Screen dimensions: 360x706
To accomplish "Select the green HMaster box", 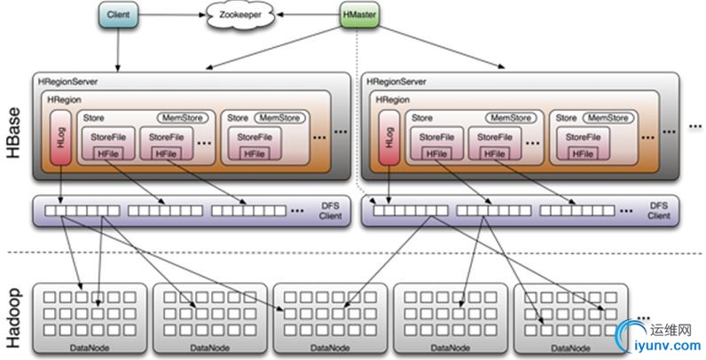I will (x=359, y=15).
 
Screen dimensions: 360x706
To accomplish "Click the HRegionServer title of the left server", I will (x=67, y=81).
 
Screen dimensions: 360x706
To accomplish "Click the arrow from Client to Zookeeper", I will (x=172, y=15).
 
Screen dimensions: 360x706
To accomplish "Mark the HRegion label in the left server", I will (x=65, y=100).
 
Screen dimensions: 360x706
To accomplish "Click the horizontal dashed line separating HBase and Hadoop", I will (x=355, y=254).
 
